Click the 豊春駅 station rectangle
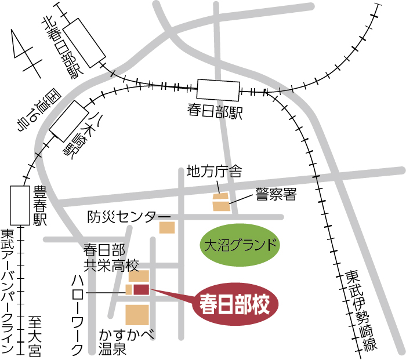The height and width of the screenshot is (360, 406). tap(20, 205)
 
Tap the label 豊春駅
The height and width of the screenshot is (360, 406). tap(40, 205)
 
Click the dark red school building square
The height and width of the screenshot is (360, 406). tap(142, 289)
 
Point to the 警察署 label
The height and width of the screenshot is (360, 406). tap(275, 194)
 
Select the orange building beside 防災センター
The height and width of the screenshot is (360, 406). tap(167, 227)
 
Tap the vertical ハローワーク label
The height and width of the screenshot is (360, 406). tap(77, 314)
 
